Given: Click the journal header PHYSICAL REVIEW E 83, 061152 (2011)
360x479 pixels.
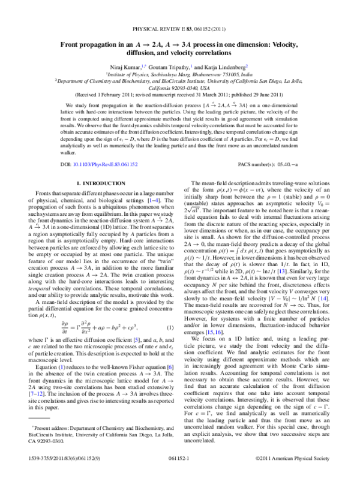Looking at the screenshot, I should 179,30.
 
